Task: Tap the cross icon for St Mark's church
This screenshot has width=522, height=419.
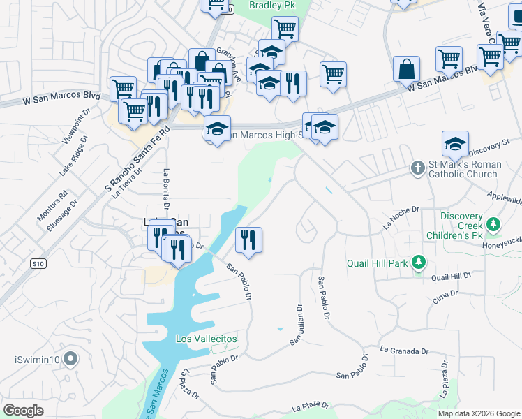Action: (x=417, y=168)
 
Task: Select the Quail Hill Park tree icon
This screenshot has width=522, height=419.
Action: (x=418, y=263)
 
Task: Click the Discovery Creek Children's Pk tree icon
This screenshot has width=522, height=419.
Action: (x=494, y=224)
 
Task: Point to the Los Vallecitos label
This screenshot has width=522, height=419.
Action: (x=207, y=339)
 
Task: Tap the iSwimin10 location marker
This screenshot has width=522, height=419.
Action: (x=70, y=360)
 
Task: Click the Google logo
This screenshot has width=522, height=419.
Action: (x=23, y=411)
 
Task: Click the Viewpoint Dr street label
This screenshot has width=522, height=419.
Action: (x=75, y=128)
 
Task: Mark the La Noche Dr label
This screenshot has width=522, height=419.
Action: (x=401, y=218)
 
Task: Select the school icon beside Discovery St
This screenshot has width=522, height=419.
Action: (x=455, y=144)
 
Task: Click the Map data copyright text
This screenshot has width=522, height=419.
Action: (x=478, y=413)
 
